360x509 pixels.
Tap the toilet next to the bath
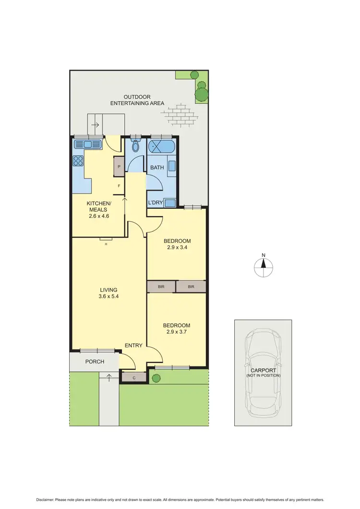tap(135, 145)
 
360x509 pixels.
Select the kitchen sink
tap(88, 144)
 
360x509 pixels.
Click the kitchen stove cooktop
tap(78, 161)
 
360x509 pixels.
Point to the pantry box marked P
tap(119, 167)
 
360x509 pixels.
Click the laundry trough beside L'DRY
tap(170, 203)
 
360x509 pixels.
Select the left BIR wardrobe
tap(161, 287)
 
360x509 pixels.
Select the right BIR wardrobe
tap(191, 287)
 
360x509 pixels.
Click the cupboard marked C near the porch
tap(133, 377)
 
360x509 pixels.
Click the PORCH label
tap(95, 362)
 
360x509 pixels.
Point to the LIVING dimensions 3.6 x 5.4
tap(108, 296)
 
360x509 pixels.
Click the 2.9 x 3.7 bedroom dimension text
tap(177, 332)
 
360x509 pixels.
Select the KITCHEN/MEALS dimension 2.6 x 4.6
tap(99, 216)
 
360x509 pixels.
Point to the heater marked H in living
tap(106, 240)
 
